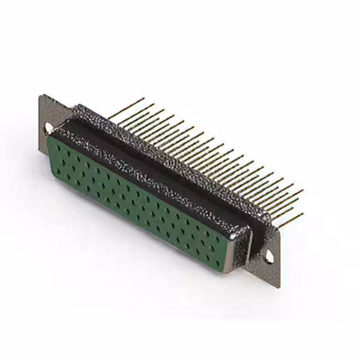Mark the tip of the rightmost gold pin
pyautogui.click(x=302, y=191)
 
